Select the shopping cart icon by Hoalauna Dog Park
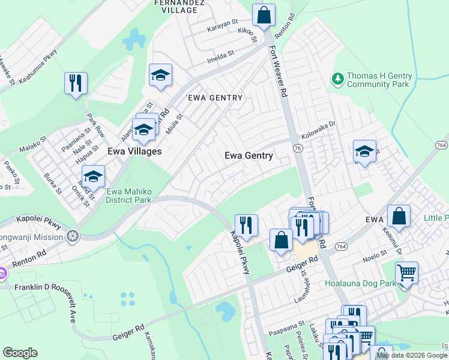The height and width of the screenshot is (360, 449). [x=406, y=273]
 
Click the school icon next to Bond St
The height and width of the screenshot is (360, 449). [x=92, y=176]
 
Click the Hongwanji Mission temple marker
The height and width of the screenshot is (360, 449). [x=73, y=237]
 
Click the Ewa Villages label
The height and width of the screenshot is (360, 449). [x=134, y=152]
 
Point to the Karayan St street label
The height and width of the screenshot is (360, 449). [x=223, y=28]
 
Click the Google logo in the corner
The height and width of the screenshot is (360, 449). [x=20, y=353]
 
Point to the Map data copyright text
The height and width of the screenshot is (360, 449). [x=412, y=355]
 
